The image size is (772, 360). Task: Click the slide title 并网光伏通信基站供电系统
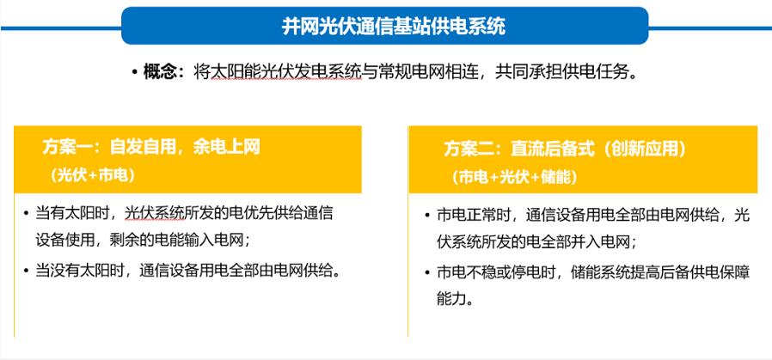(x=394, y=27)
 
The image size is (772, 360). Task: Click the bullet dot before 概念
(x=134, y=73)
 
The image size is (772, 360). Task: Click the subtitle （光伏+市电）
(x=92, y=176)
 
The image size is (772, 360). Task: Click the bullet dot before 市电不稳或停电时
(x=427, y=272)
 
